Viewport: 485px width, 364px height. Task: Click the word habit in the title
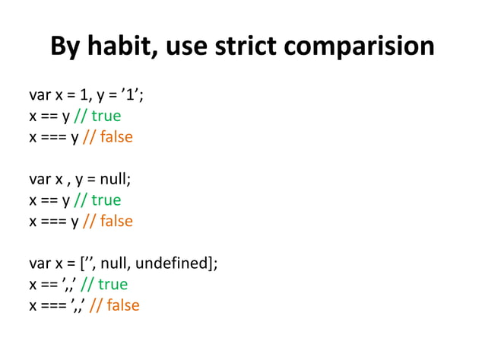(x=117, y=46)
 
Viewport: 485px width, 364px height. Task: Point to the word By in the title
(x=65, y=46)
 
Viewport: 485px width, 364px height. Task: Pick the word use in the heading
(x=186, y=46)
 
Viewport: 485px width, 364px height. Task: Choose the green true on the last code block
(x=113, y=284)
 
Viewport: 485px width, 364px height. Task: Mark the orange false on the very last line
(x=123, y=305)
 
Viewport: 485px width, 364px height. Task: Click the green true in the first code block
(x=106, y=116)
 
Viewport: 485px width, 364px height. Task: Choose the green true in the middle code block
(x=106, y=200)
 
